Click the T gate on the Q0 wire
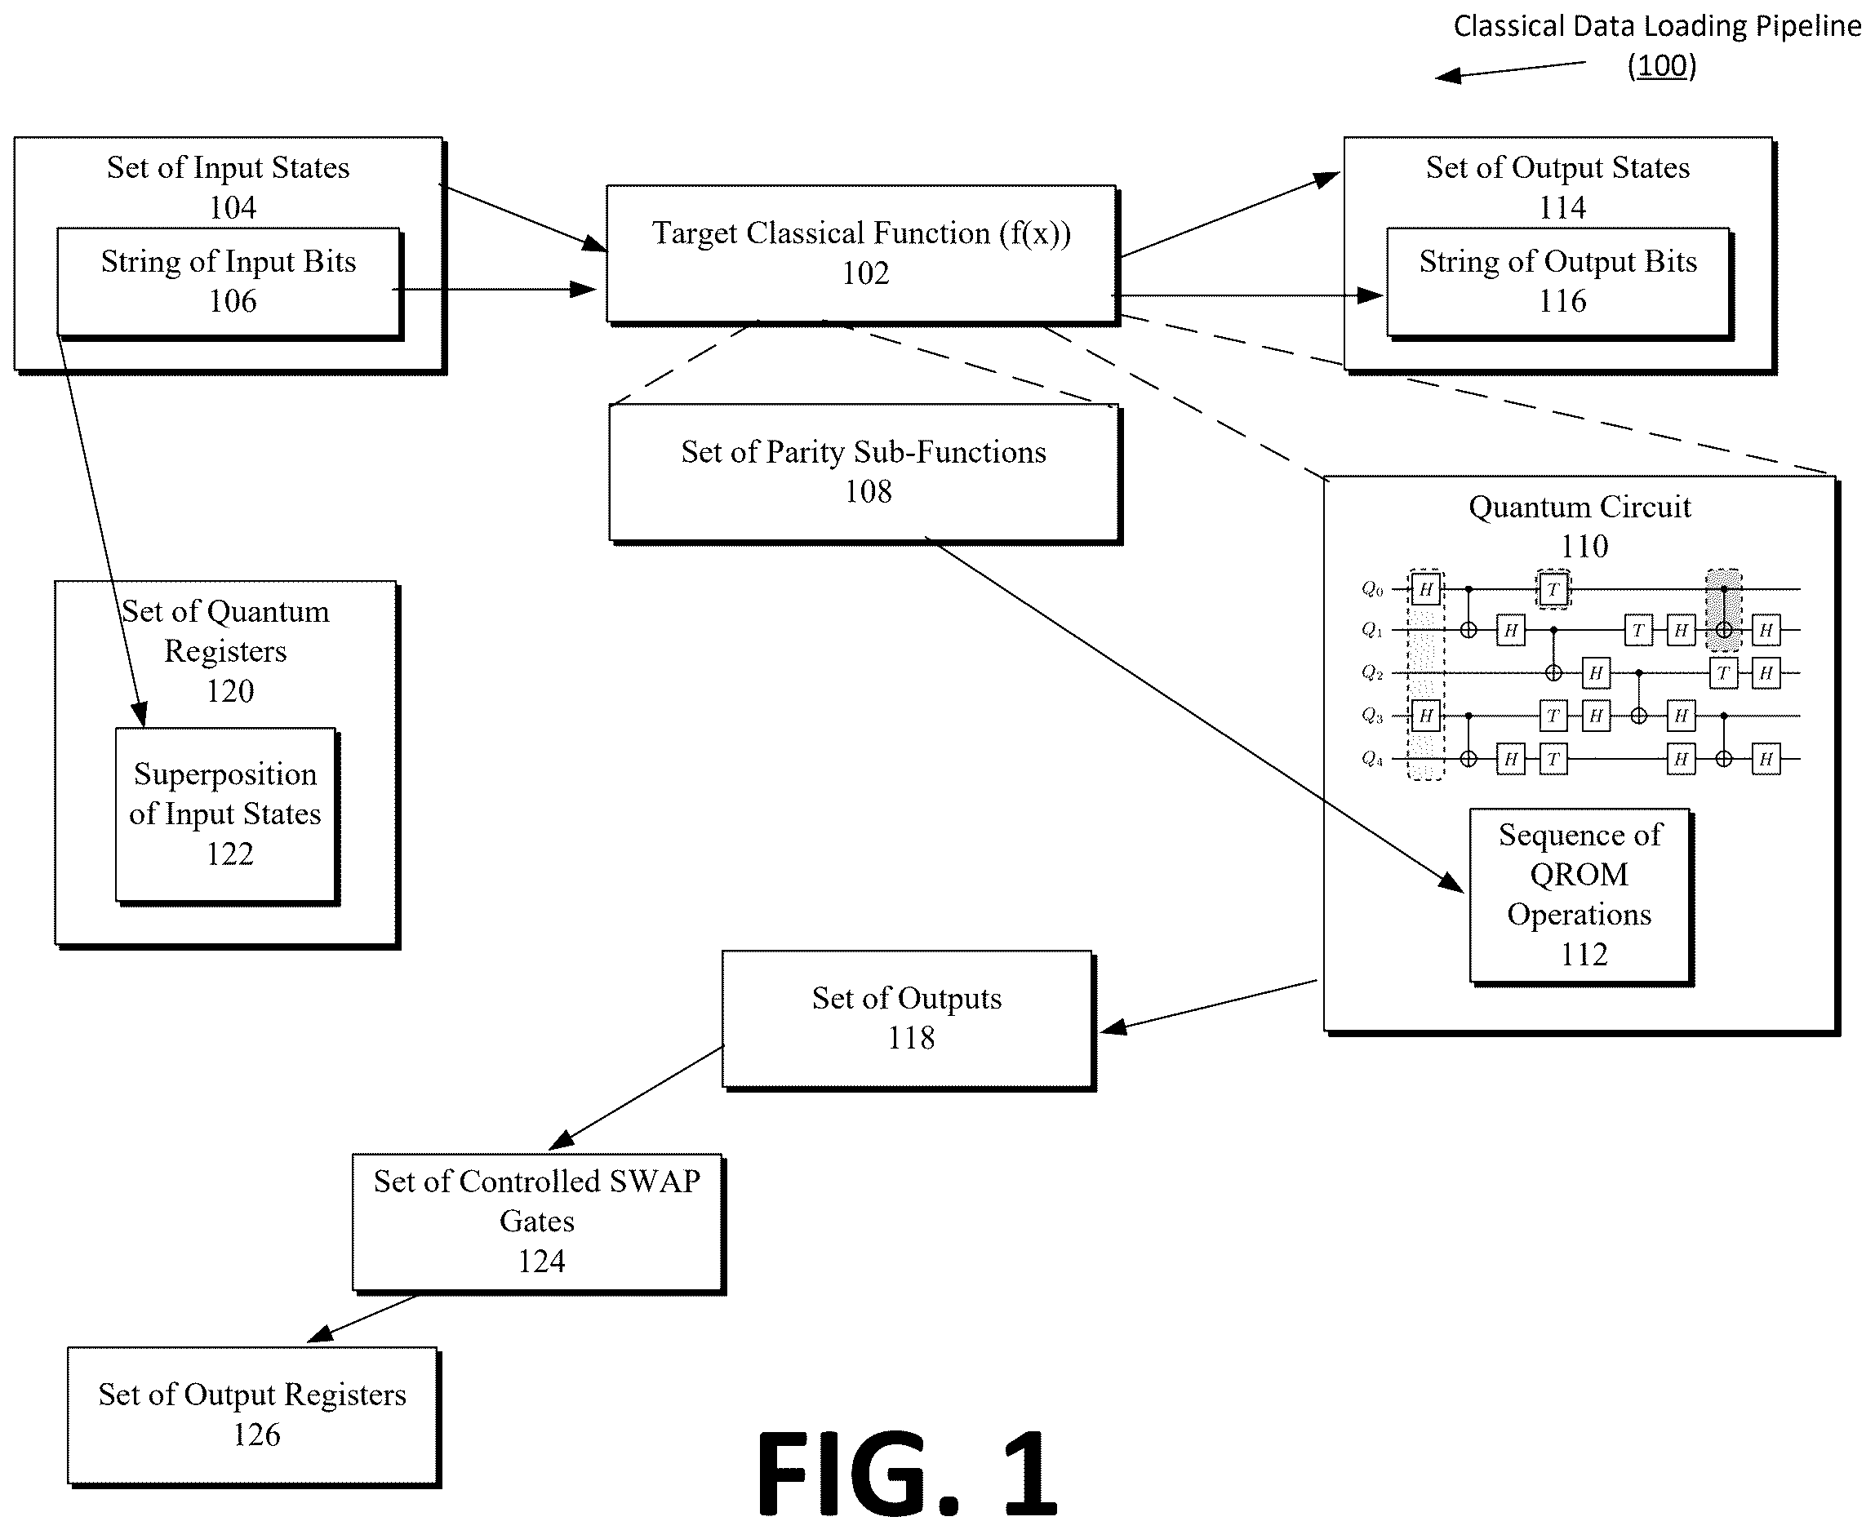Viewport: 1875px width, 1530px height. pyautogui.click(x=1553, y=588)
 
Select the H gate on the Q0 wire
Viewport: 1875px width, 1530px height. pyautogui.click(x=1425, y=588)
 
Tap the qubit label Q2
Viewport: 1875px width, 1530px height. pyautogui.click(x=1372, y=672)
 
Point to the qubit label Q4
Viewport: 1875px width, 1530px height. pyautogui.click(x=1372, y=758)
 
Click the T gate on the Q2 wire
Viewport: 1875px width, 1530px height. pyautogui.click(x=1723, y=673)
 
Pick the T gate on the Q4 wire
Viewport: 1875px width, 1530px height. pyautogui.click(x=1553, y=759)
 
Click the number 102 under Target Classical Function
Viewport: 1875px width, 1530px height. pyautogui.click(x=864, y=273)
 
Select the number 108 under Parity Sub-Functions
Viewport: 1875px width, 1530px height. pyautogui.click(x=869, y=492)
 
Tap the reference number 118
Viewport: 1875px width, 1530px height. pyautogui.click(x=911, y=1038)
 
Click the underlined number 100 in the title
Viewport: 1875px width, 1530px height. pyautogui.click(x=1662, y=65)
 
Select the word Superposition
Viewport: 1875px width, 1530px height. pyautogui.click(x=224, y=774)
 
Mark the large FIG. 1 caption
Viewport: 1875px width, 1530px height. pyautogui.click(x=907, y=1473)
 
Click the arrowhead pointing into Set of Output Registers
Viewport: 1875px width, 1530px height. pyautogui.click(x=320, y=1333)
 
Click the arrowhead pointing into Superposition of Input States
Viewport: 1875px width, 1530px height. pyautogui.click(x=140, y=715)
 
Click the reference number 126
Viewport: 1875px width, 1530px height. pyautogui.click(x=256, y=1435)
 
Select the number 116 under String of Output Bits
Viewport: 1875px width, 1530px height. pyautogui.click(x=1562, y=301)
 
